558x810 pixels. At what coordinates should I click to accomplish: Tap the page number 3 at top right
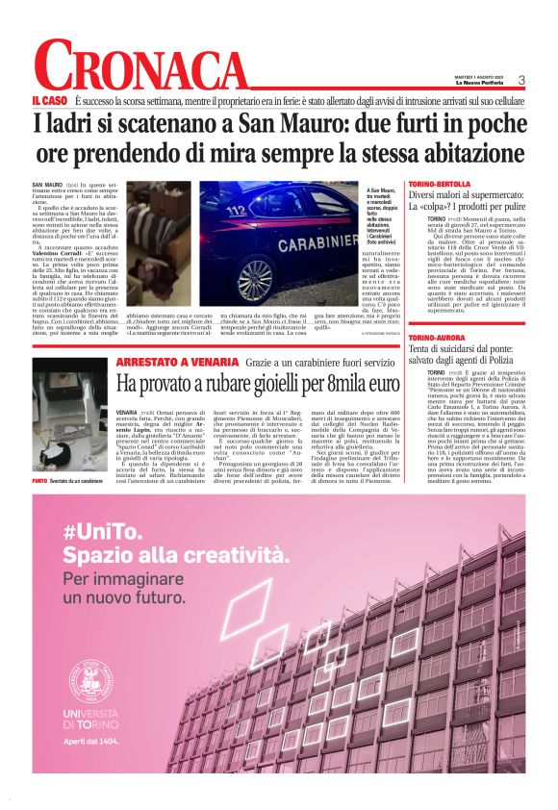[x=521, y=81]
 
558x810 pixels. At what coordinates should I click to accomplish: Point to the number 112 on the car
[x=237, y=210]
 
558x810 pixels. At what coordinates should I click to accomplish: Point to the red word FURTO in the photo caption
[x=39, y=479]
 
